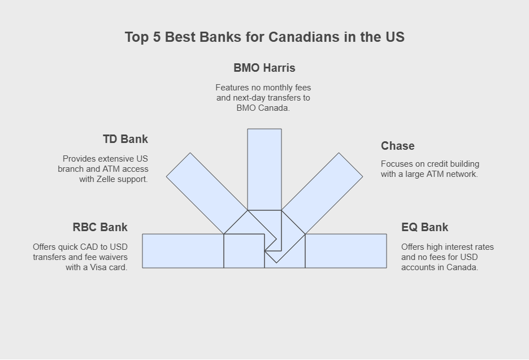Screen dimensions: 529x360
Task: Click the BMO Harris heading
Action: pyautogui.click(x=264, y=68)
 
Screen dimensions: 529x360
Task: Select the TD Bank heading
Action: pyautogui.click(x=125, y=139)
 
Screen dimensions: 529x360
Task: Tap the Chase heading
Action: pyautogui.click(x=398, y=146)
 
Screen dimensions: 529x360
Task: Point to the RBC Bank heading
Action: pyautogui.click(x=100, y=227)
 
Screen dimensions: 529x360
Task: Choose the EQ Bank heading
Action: pyautogui.click(x=425, y=227)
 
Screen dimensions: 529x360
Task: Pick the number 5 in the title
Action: pyautogui.click(x=157, y=37)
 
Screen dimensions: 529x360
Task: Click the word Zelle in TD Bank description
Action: pyautogui.click(x=105, y=179)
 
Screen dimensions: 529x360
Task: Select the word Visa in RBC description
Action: pyautogui.click(x=98, y=267)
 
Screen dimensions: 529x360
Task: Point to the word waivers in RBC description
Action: pyautogui.click(x=114, y=257)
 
